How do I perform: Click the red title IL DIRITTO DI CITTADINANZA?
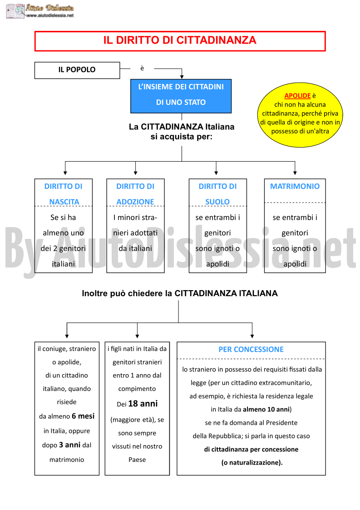180,40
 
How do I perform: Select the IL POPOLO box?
77,70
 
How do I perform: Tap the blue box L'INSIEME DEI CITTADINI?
181,96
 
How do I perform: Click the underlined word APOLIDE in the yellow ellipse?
297,96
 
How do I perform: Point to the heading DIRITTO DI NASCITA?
64,194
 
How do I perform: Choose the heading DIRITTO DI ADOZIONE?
135,194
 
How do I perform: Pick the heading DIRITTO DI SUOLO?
217,194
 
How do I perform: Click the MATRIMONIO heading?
295,186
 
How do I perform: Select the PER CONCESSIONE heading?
251,349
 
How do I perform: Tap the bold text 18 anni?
143,404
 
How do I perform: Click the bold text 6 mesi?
83,416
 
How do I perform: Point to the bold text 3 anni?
69,445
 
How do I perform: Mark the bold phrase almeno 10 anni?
266,409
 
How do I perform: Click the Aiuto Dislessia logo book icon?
15,11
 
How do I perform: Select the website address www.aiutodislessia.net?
50,15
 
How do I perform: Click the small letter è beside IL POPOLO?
142,68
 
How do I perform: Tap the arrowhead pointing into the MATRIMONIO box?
295,173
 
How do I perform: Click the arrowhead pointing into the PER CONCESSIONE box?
252,336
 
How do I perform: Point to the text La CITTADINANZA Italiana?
182,127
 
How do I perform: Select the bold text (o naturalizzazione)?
252,462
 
